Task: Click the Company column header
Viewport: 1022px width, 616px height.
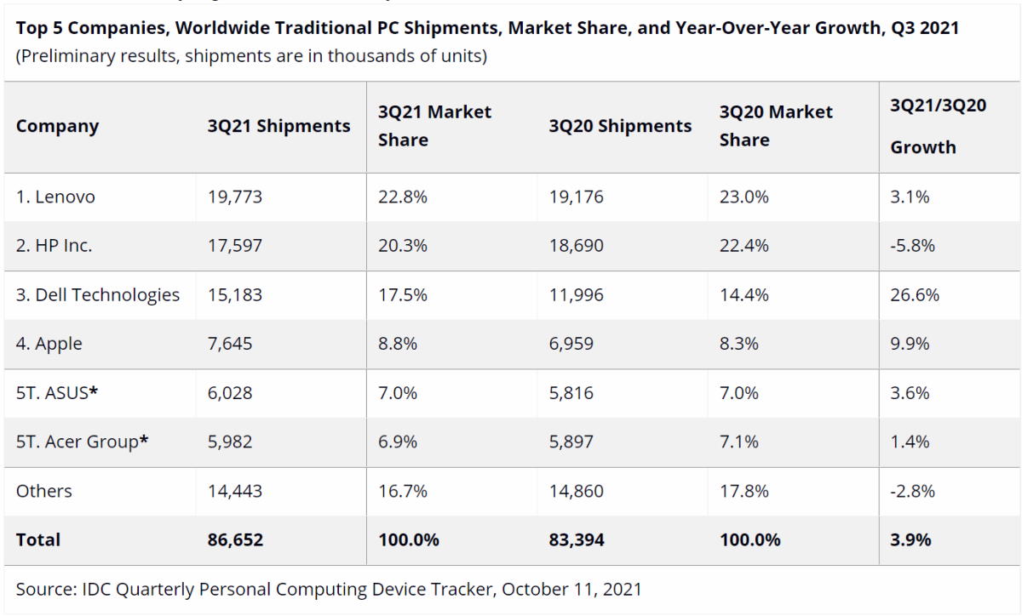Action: [x=57, y=126]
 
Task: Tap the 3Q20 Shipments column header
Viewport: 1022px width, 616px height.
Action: [x=620, y=126]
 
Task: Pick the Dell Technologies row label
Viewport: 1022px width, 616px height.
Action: [x=98, y=295]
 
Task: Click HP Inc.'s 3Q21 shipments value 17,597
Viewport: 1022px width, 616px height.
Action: [x=235, y=246]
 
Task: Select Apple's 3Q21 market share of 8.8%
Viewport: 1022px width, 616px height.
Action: [x=396, y=344]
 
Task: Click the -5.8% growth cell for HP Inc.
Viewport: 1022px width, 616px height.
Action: [x=912, y=246]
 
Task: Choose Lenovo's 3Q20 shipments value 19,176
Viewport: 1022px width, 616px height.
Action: [x=577, y=197]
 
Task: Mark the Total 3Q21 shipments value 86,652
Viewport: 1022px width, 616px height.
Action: [x=236, y=539]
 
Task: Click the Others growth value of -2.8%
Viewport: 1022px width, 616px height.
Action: [x=912, y=491]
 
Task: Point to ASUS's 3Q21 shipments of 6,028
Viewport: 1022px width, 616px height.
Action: [x=230, y=393]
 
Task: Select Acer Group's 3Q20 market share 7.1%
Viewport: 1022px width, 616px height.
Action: [x=737, y=442]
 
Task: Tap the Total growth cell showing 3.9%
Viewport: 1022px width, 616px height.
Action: [x=910, y=539]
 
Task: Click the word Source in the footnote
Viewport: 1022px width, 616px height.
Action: [x=43, y=589]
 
